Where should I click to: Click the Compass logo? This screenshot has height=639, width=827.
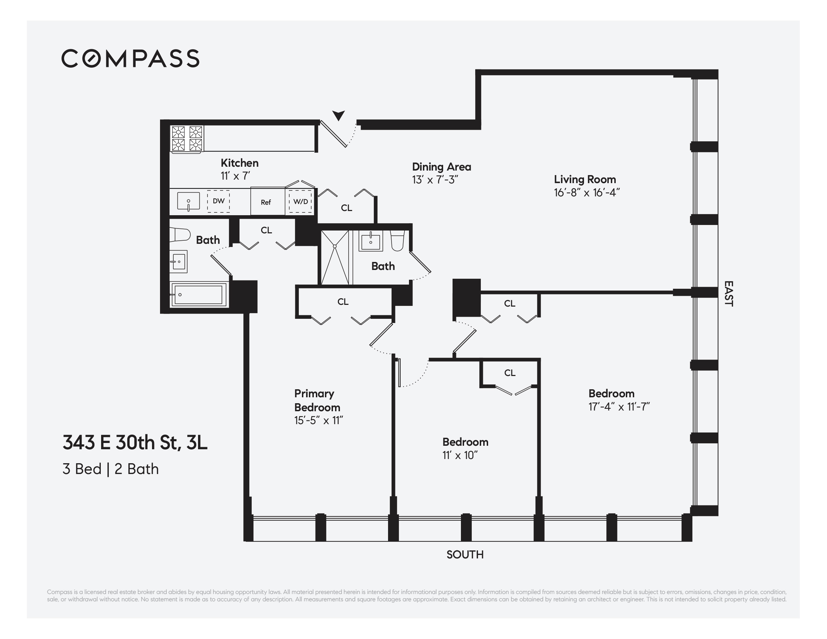[130, 58]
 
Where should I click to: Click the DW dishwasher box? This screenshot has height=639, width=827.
[219, 201]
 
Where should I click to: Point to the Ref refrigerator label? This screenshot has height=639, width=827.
[266, 202]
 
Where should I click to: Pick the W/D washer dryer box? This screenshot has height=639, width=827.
[301, 202]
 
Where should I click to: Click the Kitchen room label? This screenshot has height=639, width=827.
[239, 163]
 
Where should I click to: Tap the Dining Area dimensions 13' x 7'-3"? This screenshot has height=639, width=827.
[435, 180]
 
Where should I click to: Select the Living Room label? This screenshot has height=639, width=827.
[585, 179]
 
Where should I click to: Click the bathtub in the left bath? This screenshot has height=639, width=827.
[198, 295]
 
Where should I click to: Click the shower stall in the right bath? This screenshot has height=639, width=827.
[335, 257]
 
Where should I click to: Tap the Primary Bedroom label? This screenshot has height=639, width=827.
[317, 400]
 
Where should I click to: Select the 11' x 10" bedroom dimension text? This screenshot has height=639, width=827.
[460, 455]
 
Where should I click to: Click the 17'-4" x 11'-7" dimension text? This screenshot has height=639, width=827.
[619, 406]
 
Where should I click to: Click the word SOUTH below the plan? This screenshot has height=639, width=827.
[465, 555]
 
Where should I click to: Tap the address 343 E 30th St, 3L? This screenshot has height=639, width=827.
[135, 442]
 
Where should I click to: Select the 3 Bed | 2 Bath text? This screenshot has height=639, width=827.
[111, 469]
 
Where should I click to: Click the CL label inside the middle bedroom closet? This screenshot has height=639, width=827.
[510, 373]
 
